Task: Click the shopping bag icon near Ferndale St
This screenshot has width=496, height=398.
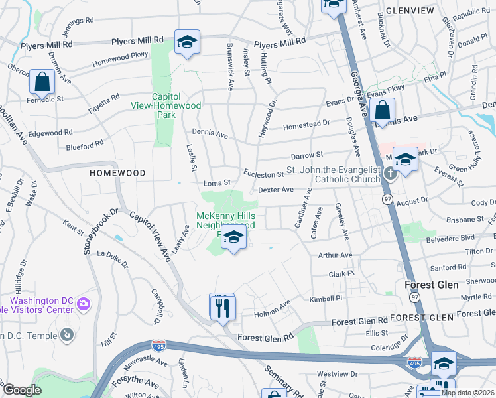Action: [x=42, y=82]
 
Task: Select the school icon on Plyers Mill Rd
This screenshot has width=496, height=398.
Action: [x=188, y=42]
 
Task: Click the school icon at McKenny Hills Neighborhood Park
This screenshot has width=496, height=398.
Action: [x=233, y=237]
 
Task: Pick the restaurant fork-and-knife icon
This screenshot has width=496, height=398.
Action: [x=221, y=306]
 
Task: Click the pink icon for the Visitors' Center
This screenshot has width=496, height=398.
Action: [x=83, y=304]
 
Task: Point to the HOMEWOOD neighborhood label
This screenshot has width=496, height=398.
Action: [x=117, y=173]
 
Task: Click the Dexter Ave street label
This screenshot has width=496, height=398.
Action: [x=275, y=190]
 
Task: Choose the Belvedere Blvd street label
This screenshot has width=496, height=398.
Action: [x=450, y=237]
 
